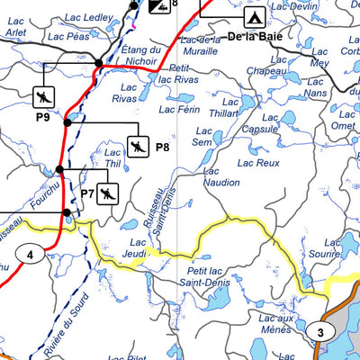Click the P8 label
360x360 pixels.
click(x=163, y=147)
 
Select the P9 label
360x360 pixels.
click(x=42, y=117)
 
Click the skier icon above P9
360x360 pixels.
click(x=42, y=96)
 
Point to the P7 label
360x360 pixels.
click(x=87, y=193)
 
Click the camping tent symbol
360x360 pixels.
click(x=254, y=16)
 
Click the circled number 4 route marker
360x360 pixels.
click(x=31, y=256)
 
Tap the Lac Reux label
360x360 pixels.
click(x=256, y=163)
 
